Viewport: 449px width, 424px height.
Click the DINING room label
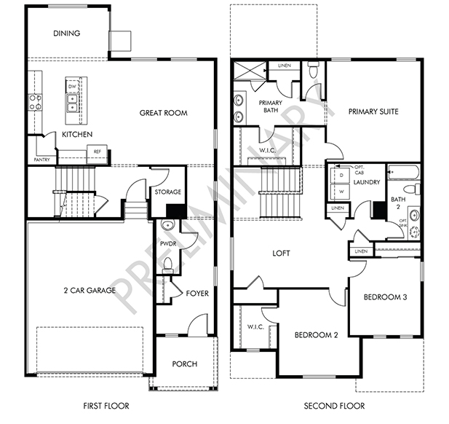[67, 34]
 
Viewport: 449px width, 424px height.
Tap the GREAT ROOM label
[164, 113]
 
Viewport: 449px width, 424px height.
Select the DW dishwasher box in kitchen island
[71, 86]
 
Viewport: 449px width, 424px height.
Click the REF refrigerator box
[97, 154]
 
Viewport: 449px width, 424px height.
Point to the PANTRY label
[41, 160]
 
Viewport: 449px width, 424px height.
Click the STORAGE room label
[168, 192]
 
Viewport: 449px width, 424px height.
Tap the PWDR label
[168, 244]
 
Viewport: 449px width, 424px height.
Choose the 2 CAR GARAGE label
[90, 291]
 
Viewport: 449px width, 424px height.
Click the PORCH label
[185, 364]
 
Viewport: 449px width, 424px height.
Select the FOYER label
[197, 294]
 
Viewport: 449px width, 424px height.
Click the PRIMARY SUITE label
[373, 111]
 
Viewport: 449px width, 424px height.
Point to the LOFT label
[281, 253]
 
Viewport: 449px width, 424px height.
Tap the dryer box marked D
[340, 175]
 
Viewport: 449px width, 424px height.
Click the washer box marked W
[340, 192]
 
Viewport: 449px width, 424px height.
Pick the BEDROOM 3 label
[385, 297]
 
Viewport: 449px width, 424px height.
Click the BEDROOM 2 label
[316, 335]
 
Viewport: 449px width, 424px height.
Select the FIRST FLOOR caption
[106, 406]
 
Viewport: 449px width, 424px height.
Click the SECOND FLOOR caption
[334, 406]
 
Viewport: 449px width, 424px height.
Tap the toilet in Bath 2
[411, 189]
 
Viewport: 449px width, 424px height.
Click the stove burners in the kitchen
[36, 103]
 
